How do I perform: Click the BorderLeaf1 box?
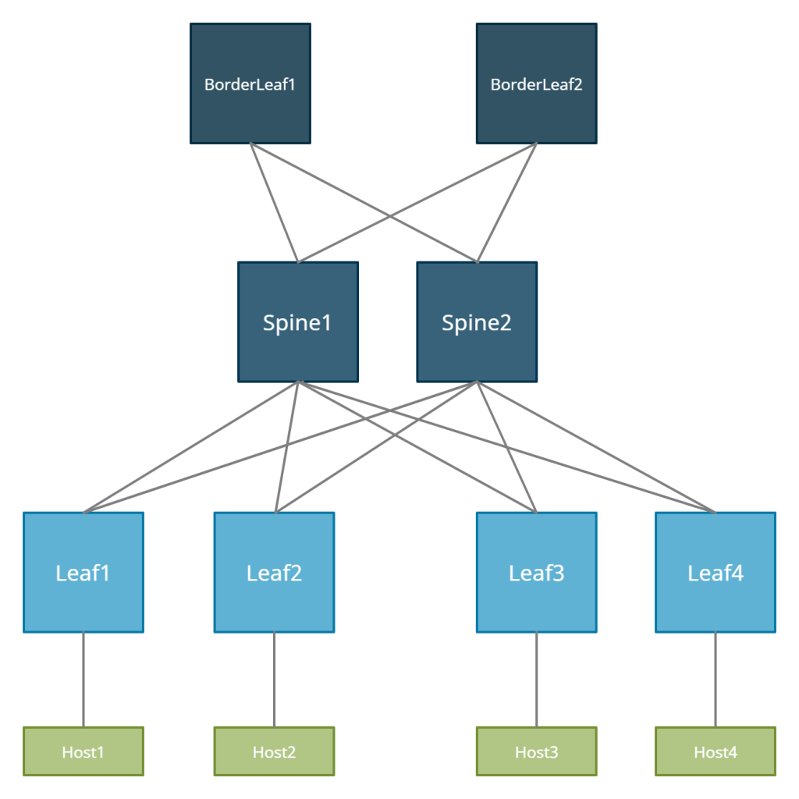pos(250,83)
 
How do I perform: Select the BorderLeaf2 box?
pos(537,83)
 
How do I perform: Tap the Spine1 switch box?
pos(298,322)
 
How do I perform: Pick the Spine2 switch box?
pos(477,322)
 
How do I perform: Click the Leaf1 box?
pos(83,573)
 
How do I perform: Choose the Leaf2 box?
pos(274,573)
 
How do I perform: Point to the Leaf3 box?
pos(537,573)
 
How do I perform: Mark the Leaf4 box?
pos(716,573)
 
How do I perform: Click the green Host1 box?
pos(83,751)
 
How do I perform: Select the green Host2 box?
pos(274,751)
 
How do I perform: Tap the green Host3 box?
pos(537,751)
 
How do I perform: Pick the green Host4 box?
pos(716,751)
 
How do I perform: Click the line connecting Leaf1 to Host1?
pos(83,679)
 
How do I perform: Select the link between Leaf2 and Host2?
pos(274,679)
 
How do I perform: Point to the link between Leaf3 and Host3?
pos(537,679)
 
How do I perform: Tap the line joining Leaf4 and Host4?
pos(716,679)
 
